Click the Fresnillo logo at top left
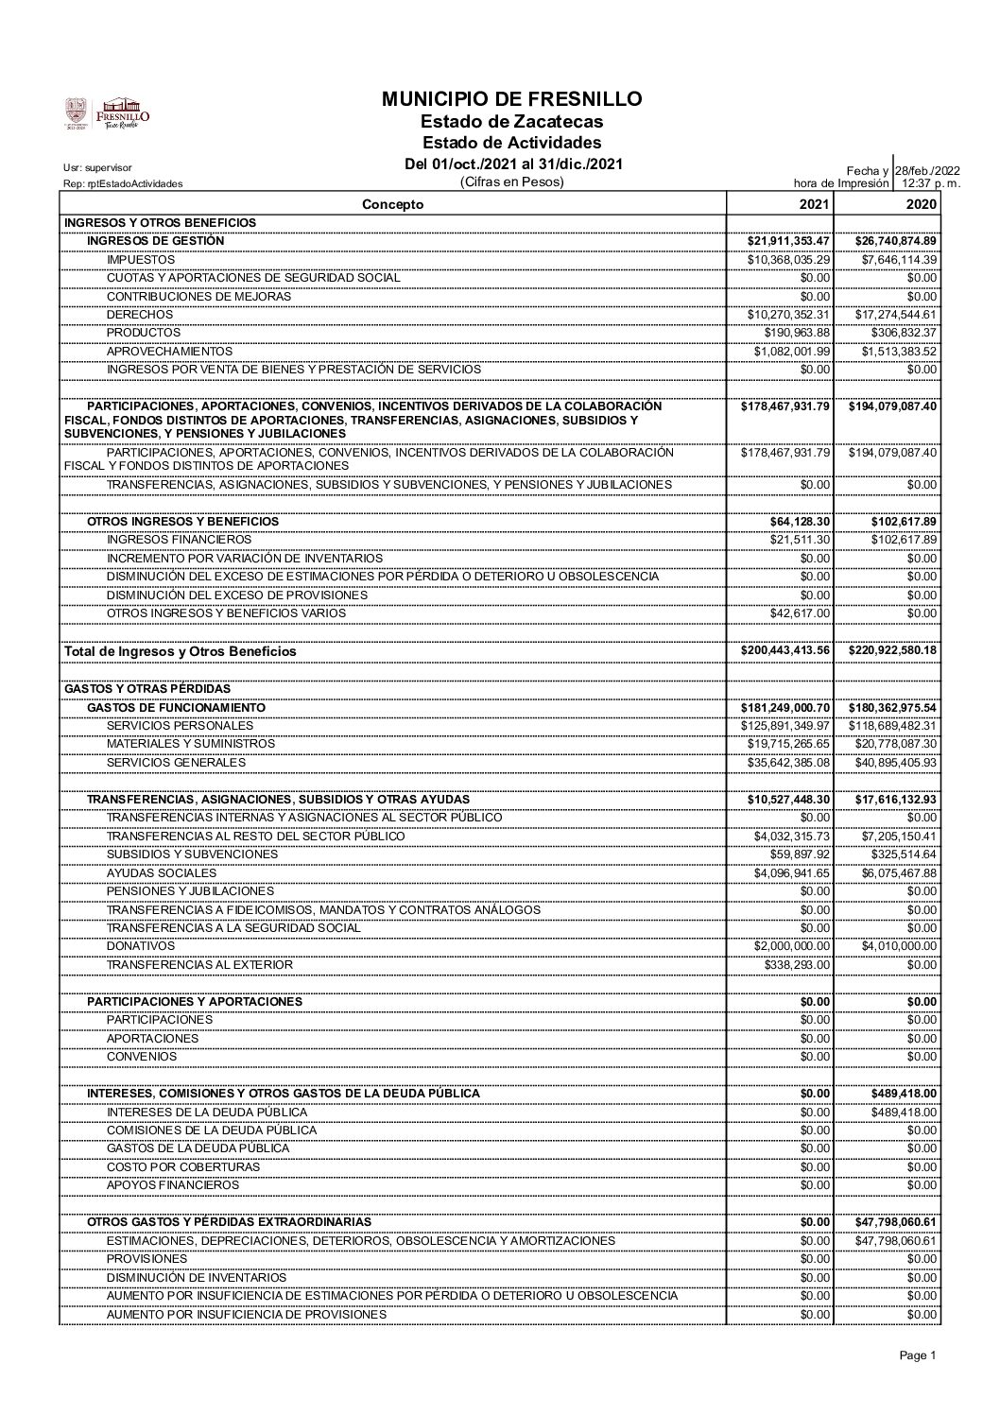[107, 112]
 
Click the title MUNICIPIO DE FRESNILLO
[511, 99]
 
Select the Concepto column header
[393, 204]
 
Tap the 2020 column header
[921, 204]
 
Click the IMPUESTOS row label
[141, 259]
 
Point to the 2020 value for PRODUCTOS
[904, 333]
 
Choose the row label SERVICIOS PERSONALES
[180, 725]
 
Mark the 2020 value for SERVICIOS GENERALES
[893, 762]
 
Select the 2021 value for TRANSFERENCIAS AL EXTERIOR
[798, 964]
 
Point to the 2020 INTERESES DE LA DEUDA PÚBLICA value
[904, 1112]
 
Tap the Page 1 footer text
[918, 1355]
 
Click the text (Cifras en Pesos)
[510, 182]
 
